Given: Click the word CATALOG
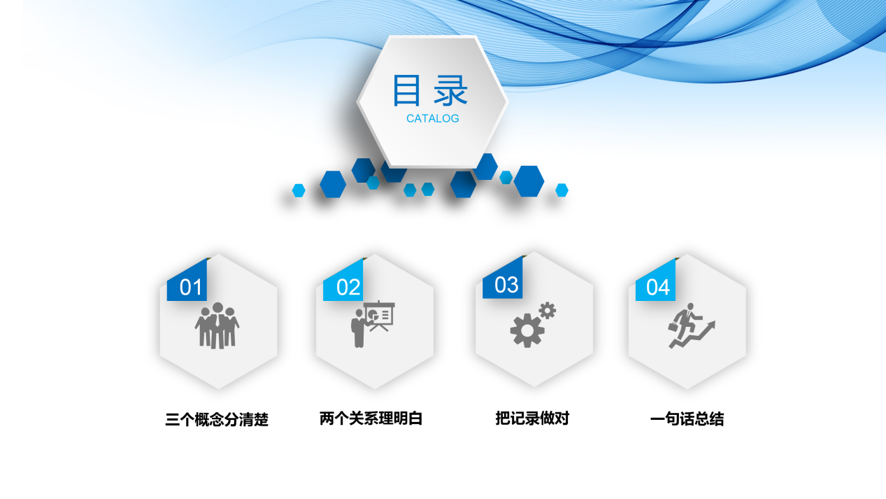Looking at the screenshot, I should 433,118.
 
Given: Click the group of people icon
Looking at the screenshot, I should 217,326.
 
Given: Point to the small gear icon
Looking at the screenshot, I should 548,309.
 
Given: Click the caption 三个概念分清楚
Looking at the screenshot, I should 217,420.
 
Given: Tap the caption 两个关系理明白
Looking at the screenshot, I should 371,419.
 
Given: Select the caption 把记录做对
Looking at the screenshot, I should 532,419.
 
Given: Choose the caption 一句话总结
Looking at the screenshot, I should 687,419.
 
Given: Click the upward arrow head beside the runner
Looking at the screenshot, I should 711,325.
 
